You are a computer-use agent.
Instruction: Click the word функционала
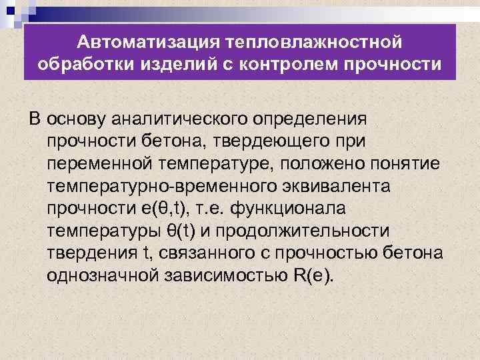(297, 208)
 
